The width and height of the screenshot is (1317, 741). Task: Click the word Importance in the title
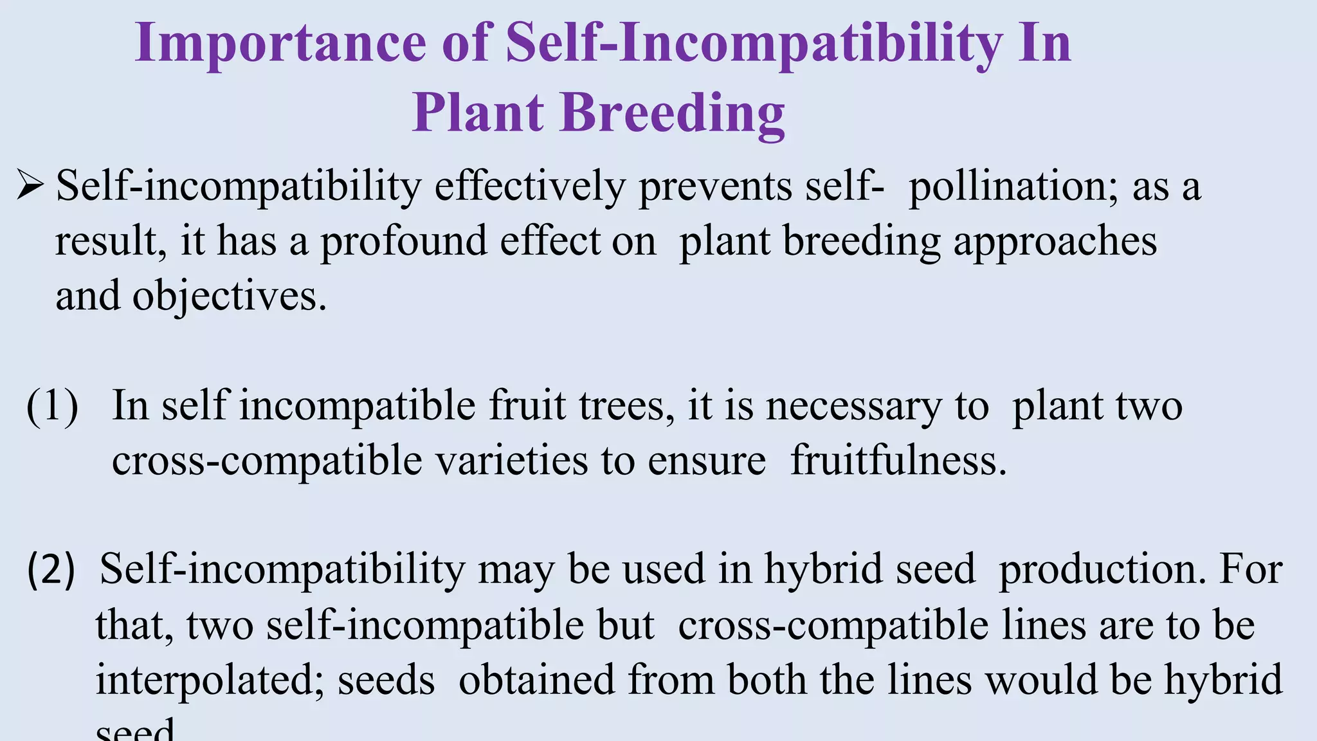tap(280, 44)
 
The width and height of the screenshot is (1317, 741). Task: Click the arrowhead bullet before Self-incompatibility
tap(30, 186)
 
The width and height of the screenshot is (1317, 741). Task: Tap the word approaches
tap(1055, 242)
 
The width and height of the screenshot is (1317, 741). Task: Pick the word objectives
tap(229, 297)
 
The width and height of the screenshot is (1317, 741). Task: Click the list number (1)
tap(52, 407)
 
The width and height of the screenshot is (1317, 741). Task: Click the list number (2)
tap(51, 570)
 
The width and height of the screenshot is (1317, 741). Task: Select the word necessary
tap(853, 407)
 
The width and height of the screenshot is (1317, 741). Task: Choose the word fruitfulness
tap(898, 461)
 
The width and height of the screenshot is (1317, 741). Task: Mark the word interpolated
tap(210, 681)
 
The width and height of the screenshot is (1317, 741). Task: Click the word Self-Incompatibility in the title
tap(753, 44)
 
